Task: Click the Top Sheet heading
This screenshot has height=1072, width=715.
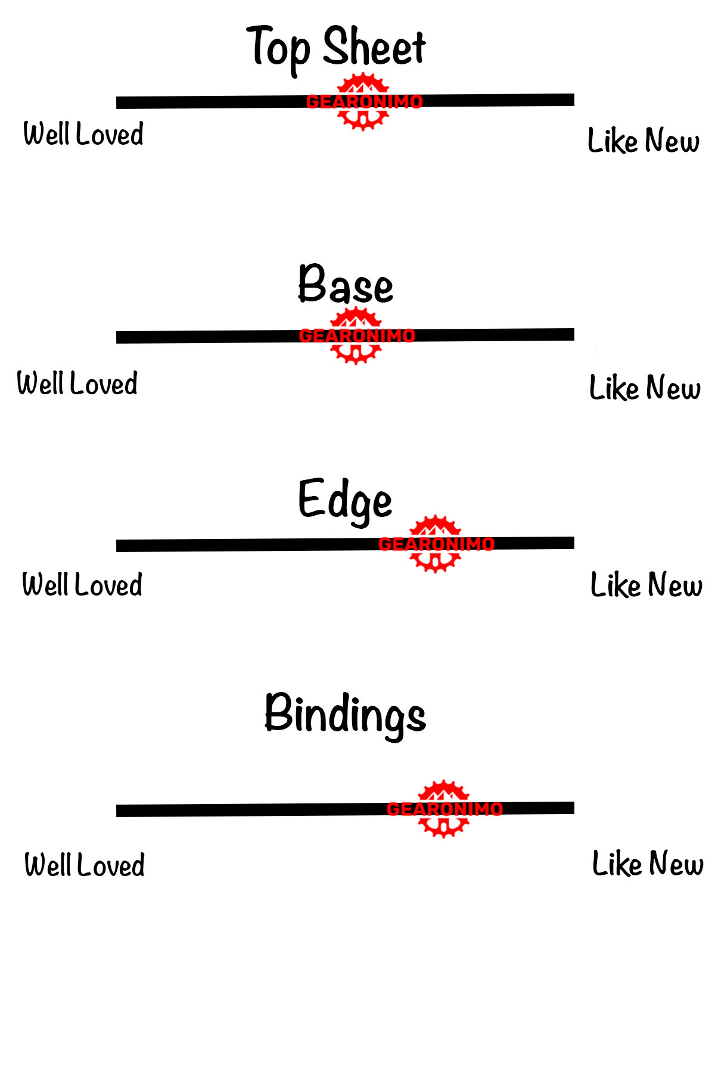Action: [x=337, y=49]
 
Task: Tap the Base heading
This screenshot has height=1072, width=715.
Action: [x=346, y=284]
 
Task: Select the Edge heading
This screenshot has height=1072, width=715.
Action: [x=345, y=501]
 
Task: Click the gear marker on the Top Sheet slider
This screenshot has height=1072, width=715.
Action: [x=364, y=102]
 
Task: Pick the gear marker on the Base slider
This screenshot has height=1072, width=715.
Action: [x=356, y=336]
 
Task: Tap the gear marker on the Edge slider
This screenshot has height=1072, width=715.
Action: [x=436, y=544]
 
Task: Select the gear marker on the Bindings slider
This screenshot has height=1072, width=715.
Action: [x=444, y=809]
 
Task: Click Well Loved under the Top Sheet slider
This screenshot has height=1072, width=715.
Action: [x=83, y=133]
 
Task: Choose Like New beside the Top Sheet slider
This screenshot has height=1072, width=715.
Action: [x=643, y=141]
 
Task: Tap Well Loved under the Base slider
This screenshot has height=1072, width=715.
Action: [x=77, y=383]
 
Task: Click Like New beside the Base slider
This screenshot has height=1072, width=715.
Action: [x=645, y=388]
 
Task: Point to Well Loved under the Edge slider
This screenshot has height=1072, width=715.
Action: [x=82, y=584]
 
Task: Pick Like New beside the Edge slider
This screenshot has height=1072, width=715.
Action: [x=646, y=585]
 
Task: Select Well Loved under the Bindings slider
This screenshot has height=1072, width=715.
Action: [x=85, y=865]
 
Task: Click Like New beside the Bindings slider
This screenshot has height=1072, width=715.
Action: [x=648, y=864]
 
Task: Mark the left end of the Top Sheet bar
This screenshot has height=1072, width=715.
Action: [x=117, y=103]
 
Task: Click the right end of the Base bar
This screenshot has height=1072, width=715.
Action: [x=574, y=334]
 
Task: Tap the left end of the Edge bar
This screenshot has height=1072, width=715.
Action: [x=117, y=546]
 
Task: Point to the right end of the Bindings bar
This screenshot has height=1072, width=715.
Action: [x=574, y=808]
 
